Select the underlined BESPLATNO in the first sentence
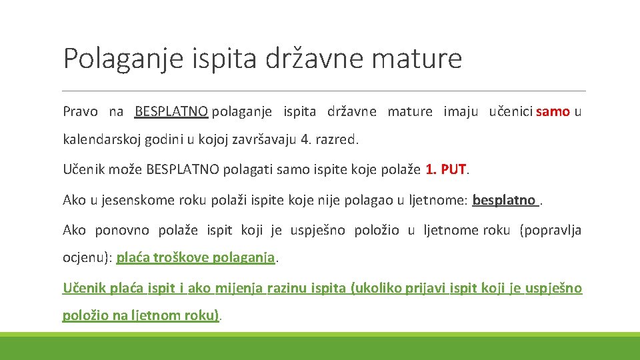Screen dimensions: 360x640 tap(171, 111)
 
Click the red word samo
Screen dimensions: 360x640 tap(553, 111)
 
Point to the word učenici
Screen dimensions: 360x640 tap(511, 111)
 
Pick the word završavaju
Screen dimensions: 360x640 tap(265, 140)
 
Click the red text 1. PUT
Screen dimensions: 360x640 tap(446, 169)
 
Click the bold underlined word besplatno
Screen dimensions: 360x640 tap(503, 199)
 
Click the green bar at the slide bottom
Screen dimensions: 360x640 tap(320, 347)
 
